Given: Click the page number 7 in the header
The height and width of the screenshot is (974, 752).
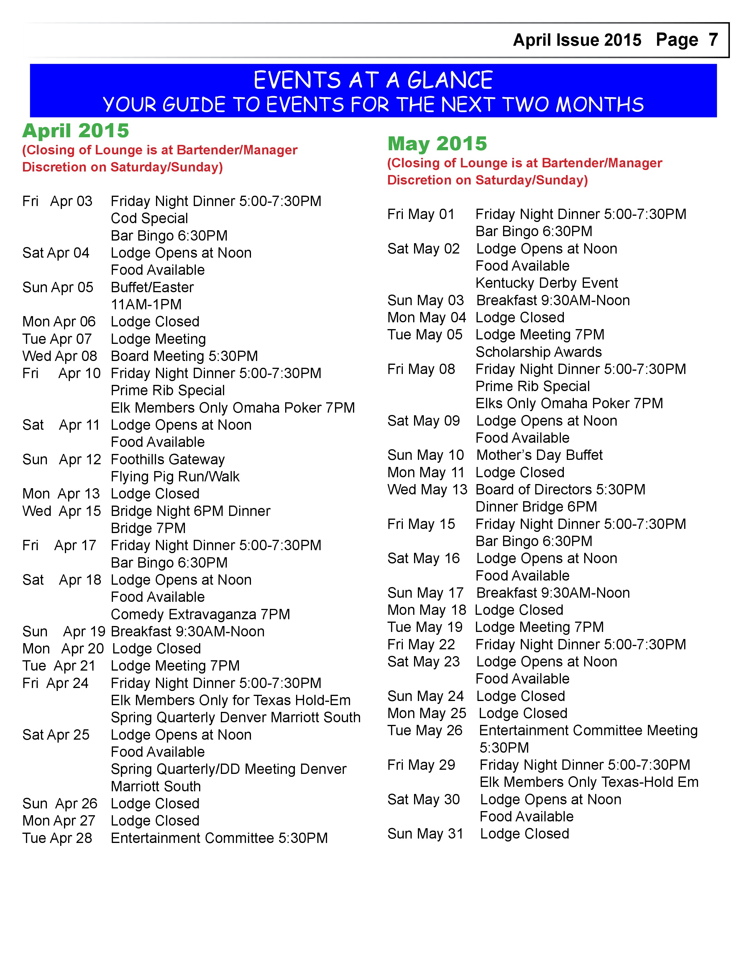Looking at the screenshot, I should (x=713, y=40).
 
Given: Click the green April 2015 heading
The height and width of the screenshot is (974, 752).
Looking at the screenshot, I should (x=76, y=131).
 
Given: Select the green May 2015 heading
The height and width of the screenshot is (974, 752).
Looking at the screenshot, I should (x=437, y=144).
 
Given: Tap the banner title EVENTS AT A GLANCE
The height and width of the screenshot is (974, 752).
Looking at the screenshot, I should (x=373, y=81).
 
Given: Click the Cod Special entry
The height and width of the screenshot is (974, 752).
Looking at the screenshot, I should (x=149, y=218).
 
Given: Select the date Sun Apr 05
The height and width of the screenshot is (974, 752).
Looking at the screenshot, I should (x=58, y=287).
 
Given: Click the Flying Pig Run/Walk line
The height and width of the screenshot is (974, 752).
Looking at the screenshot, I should (x=175, y=477).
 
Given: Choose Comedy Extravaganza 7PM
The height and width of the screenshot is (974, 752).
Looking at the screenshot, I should (x=200, y=615).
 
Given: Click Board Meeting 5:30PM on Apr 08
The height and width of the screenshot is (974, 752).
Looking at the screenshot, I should (x=184, y=356).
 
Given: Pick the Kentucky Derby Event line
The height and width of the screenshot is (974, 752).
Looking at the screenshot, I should (x=547, y=283).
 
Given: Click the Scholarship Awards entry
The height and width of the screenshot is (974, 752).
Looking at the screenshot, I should (x=538, y=352).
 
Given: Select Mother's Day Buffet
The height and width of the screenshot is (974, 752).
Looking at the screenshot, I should (x=539, y=455).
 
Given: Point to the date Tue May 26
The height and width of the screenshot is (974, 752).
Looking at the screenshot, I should (x=425, y=730).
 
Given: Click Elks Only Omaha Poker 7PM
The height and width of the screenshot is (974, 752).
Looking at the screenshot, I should (x=569, y=403).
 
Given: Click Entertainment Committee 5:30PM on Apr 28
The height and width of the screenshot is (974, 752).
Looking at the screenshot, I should (x=219, y=839).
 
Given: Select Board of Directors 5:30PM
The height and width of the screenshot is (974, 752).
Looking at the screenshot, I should (x=560, y=490).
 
